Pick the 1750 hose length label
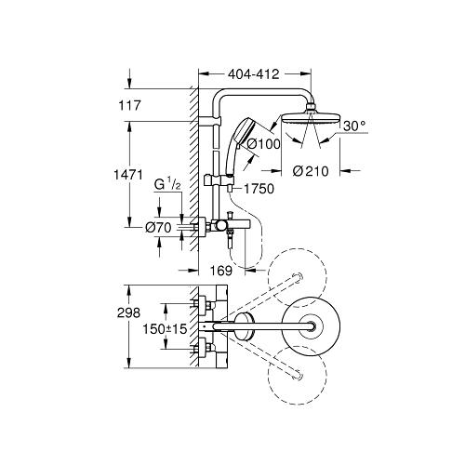point(263,189)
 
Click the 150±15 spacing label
point(164,328)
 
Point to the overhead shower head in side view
point(307,119)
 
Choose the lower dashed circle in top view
point(299,376)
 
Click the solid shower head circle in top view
point(307,325)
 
